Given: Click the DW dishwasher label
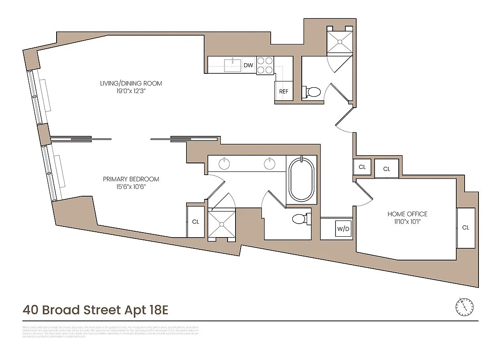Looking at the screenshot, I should [x=248, y=66].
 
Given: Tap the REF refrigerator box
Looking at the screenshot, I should [x=283, y=91].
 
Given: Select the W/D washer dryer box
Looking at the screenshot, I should [x=343, y=229].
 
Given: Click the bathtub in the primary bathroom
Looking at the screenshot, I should [x=301, y=179].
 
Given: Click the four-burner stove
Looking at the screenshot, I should [x=265, y=65].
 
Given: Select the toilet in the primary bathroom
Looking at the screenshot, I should [x=299, y=219].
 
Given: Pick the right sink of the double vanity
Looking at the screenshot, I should [x=269, y=164].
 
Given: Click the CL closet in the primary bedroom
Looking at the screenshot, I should [x=196, y=222].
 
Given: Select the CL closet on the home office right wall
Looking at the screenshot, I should [x=465, y=228].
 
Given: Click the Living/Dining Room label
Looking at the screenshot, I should [x=131, y=83].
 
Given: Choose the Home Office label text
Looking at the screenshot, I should [x=407, y=214].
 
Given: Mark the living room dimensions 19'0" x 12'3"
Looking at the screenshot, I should [x=131, y=91].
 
